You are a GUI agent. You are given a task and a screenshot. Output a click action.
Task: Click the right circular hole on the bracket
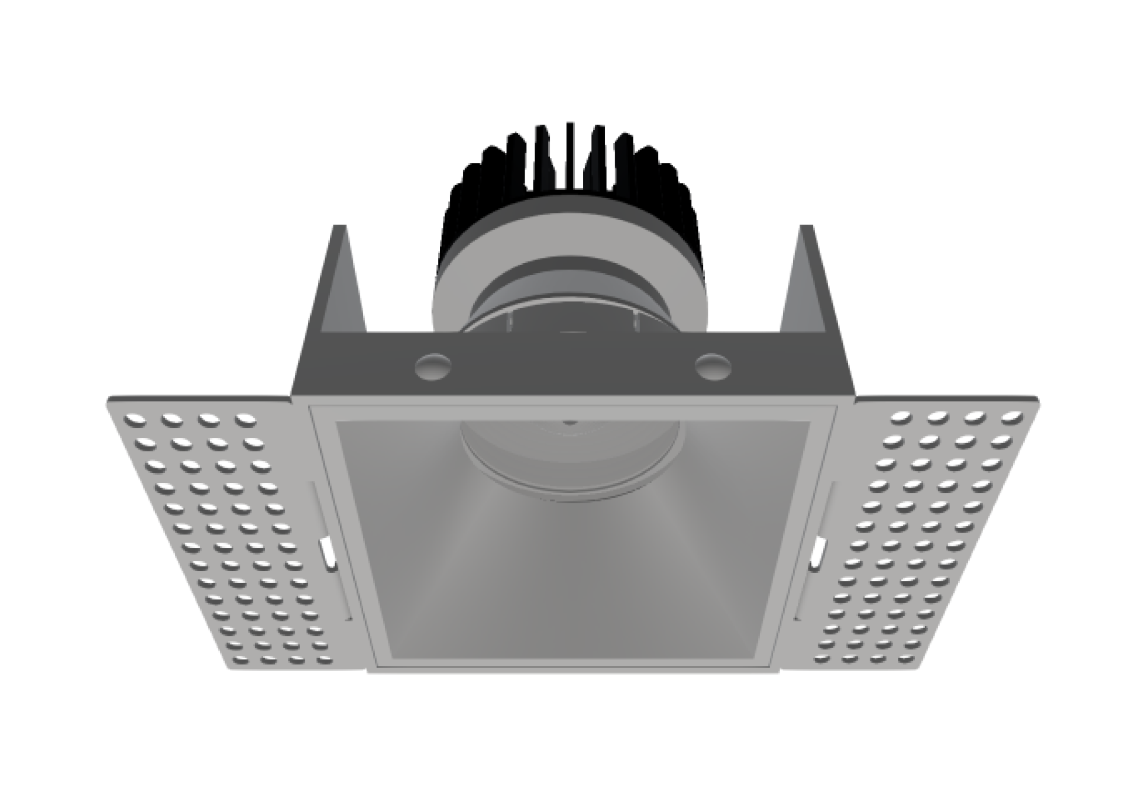pyautogui.click(x=712, y=365)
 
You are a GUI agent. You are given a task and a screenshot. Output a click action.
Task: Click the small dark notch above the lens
pyautogui.click(x=569, y=420)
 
